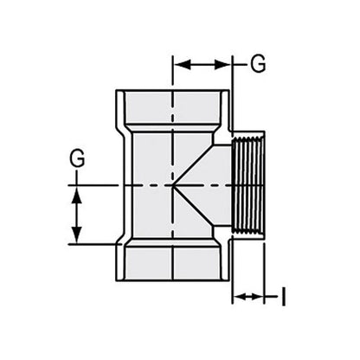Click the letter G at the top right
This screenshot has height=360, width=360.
pyautogui.click(x=257, y=63)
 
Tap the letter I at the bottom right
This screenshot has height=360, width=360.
pyautogui.click(x=283, y=298)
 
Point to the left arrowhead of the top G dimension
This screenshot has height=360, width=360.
pyautogui.click(x=179, y=63)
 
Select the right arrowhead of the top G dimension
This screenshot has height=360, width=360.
pyautogui.click(x=228, y=63)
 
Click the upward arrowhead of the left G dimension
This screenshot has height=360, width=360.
pyautogui.click(x=78, y=193)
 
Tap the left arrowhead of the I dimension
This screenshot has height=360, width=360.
pyautogui.click(x=238, y=298)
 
